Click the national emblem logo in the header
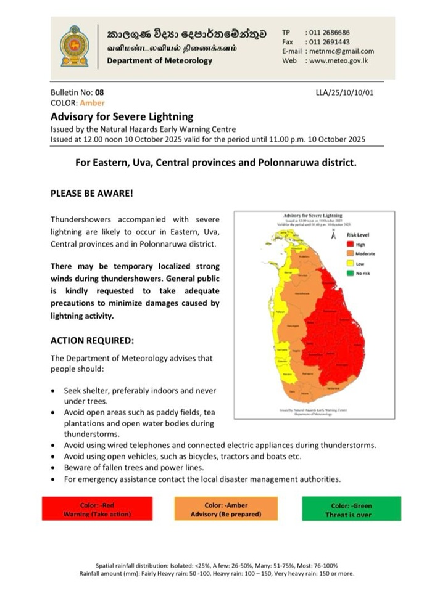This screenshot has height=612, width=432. click(x=74, y=46)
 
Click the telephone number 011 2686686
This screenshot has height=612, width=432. click(x=328, y=32)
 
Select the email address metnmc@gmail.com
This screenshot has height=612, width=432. click(x=341, y=51)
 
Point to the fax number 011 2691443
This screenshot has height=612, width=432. click(x=328, y=41)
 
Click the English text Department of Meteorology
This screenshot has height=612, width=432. click(x=159, y=60)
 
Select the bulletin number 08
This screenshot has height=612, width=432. click(x=99, y=92)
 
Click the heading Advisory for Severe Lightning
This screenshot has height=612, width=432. click(x=122, y=116)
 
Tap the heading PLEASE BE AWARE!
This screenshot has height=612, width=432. click(x=92, y=193)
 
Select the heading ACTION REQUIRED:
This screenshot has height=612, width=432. click(x=92, y=340)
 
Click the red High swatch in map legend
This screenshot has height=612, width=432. click(x=349, y=245)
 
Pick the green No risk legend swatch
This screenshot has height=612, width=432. click(x=349, y=272)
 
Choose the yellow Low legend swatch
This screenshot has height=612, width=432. click(x=349, y=263)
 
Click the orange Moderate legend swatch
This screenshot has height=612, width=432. click(x=349, y=254)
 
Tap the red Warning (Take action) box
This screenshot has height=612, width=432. click(x=97, y=510)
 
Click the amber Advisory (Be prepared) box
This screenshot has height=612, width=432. click(x=226, y=510)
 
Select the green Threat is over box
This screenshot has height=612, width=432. click(x=351, y=510)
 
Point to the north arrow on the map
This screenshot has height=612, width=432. click(x=333, y=234)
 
